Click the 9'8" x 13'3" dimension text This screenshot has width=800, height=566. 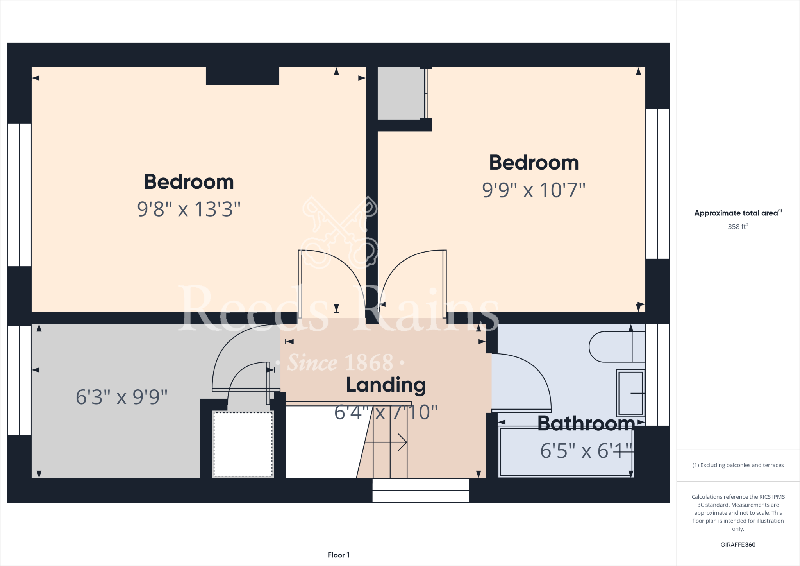[189, 209]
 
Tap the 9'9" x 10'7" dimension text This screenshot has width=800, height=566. [534, 190]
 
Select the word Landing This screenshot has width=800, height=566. [386, 385]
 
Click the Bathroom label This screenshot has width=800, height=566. [586, 423]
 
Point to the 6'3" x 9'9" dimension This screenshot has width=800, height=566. [121, 397]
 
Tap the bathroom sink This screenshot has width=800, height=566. [630, 392]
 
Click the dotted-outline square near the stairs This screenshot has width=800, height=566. [243, 444]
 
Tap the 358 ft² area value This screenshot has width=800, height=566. [737, 227]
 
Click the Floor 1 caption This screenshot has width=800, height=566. [338, 555]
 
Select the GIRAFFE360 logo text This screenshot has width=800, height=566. [737, 545]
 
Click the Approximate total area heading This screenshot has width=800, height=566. [737, 213]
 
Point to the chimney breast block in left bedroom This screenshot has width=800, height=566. [242, 76]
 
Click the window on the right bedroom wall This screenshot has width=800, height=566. [657, 184]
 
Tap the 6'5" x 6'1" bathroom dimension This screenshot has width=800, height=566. [586, 451]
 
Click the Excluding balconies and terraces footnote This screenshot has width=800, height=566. [737, 465]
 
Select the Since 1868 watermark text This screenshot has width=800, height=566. [340, 363]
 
